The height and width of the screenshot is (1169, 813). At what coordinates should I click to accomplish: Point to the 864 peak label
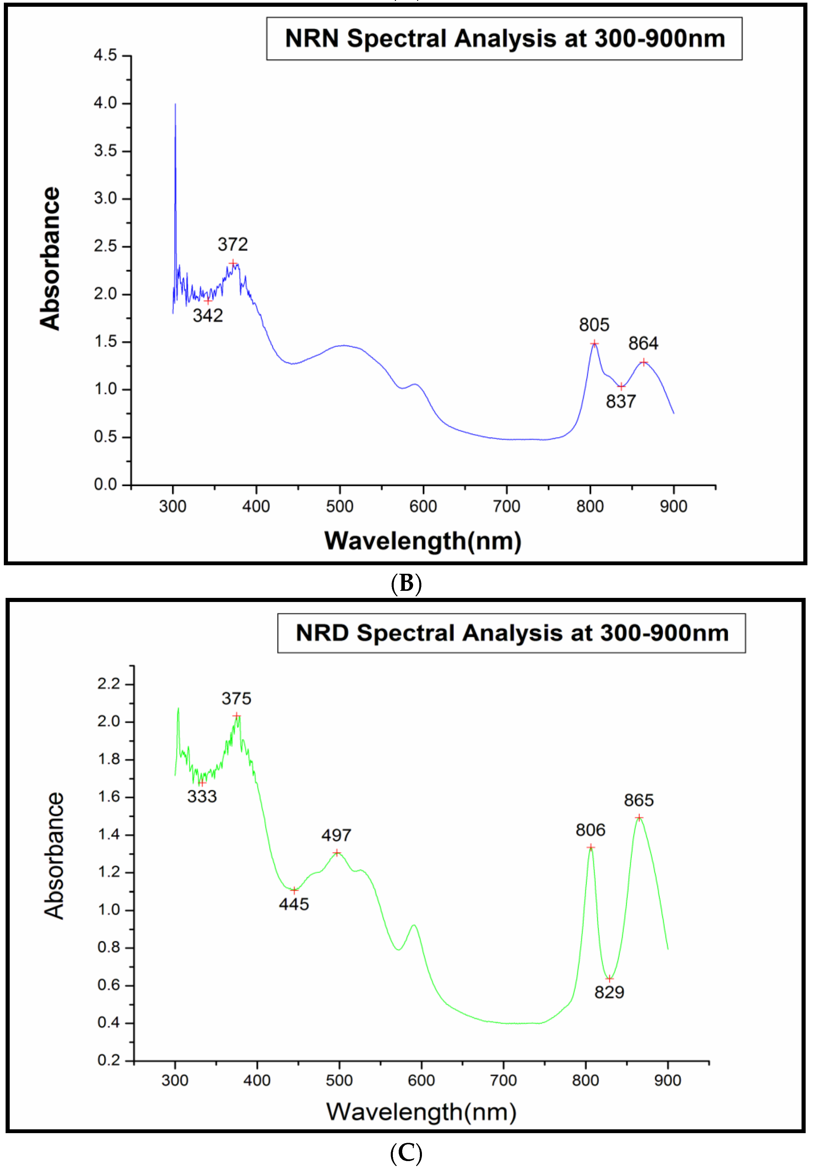pos(643,344)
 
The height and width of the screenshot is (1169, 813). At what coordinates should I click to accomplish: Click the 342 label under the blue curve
pos(208,316)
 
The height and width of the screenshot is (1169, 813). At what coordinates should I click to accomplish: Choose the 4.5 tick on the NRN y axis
pos(106,55)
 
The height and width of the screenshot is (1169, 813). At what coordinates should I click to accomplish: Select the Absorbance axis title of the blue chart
pos(50,259)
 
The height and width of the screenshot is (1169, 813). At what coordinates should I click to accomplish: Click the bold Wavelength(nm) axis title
pos(423,541)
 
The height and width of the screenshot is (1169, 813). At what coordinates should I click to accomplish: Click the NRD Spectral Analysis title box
pos(511,633)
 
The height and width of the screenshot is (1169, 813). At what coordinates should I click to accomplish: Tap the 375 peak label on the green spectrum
pos(236,698)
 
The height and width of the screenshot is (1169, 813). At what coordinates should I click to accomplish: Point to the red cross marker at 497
pos(337,853)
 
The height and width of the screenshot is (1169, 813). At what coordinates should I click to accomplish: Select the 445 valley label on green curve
pos(294,904)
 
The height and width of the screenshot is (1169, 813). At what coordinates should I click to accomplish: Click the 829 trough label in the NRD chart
pos(609,992)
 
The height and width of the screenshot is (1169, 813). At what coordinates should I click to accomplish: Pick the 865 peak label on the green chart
pos(639,800)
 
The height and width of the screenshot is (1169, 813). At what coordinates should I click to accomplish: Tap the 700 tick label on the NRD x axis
pos(503,1081)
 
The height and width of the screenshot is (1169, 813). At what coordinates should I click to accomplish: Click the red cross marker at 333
pos(202,782)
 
